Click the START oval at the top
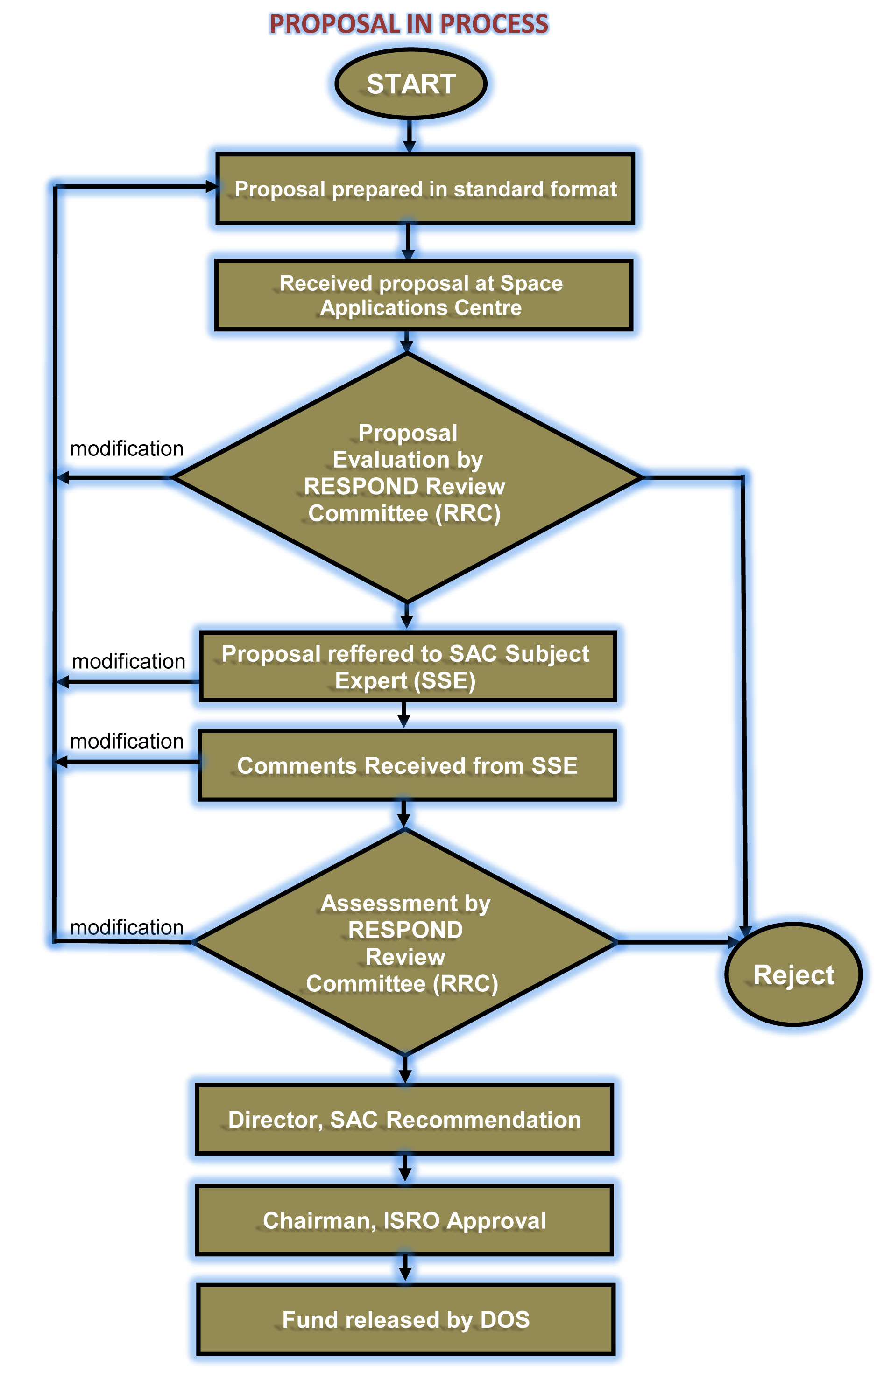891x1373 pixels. pos(410,84)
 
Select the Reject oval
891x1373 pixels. pos(793,974)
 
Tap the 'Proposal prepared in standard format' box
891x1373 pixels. pos(425,189)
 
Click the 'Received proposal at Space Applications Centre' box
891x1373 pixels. pos(423,295)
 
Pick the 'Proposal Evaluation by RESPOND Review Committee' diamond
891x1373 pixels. pos(407,477)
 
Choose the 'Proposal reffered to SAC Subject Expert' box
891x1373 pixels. pos(407,667)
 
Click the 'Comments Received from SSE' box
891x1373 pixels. pos(407,765)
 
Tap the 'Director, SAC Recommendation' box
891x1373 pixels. pos(404,1119)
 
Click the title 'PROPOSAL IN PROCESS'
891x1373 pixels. pos(409,24)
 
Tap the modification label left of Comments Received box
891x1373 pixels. pos(127,741)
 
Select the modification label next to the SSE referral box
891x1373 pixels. pos(128,662)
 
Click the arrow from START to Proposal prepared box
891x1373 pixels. pos(409,136)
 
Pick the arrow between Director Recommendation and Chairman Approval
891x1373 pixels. pos(405,1168)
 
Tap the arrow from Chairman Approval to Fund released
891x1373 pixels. pos(405,1268)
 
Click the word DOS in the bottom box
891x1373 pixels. pos(505,1319)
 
